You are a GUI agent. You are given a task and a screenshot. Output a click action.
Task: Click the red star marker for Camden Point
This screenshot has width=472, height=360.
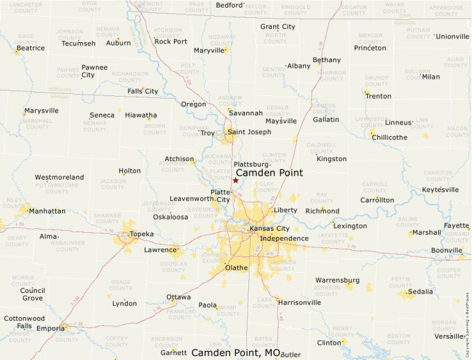235,180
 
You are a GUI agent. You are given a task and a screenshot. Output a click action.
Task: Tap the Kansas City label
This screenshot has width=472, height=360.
271,228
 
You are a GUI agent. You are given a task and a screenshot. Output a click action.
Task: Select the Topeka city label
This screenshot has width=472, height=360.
141,234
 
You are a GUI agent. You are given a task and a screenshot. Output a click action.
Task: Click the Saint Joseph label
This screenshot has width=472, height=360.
250,132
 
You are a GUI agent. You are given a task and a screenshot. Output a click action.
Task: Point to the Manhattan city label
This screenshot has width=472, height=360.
48,211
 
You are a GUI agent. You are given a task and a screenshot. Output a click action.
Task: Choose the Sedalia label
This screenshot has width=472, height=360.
420,292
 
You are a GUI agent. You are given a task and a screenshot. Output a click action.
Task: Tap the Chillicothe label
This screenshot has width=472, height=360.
389,137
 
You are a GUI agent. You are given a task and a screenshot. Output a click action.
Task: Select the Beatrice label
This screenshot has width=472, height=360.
30,48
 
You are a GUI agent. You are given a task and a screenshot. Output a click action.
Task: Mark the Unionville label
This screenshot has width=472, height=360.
452,36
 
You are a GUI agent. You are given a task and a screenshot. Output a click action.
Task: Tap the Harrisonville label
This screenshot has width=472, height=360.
299,302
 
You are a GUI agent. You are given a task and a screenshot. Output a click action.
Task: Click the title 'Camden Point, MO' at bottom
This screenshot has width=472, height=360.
236,352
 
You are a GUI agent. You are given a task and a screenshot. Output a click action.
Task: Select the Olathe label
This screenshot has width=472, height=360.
236,267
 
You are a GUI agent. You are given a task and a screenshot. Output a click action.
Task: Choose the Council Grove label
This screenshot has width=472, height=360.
32,294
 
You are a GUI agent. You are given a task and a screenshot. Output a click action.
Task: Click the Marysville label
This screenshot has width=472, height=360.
41,111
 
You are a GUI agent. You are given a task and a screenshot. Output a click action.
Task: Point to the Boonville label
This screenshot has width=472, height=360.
446,250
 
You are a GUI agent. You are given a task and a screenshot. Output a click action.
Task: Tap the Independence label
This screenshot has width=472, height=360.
284,238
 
